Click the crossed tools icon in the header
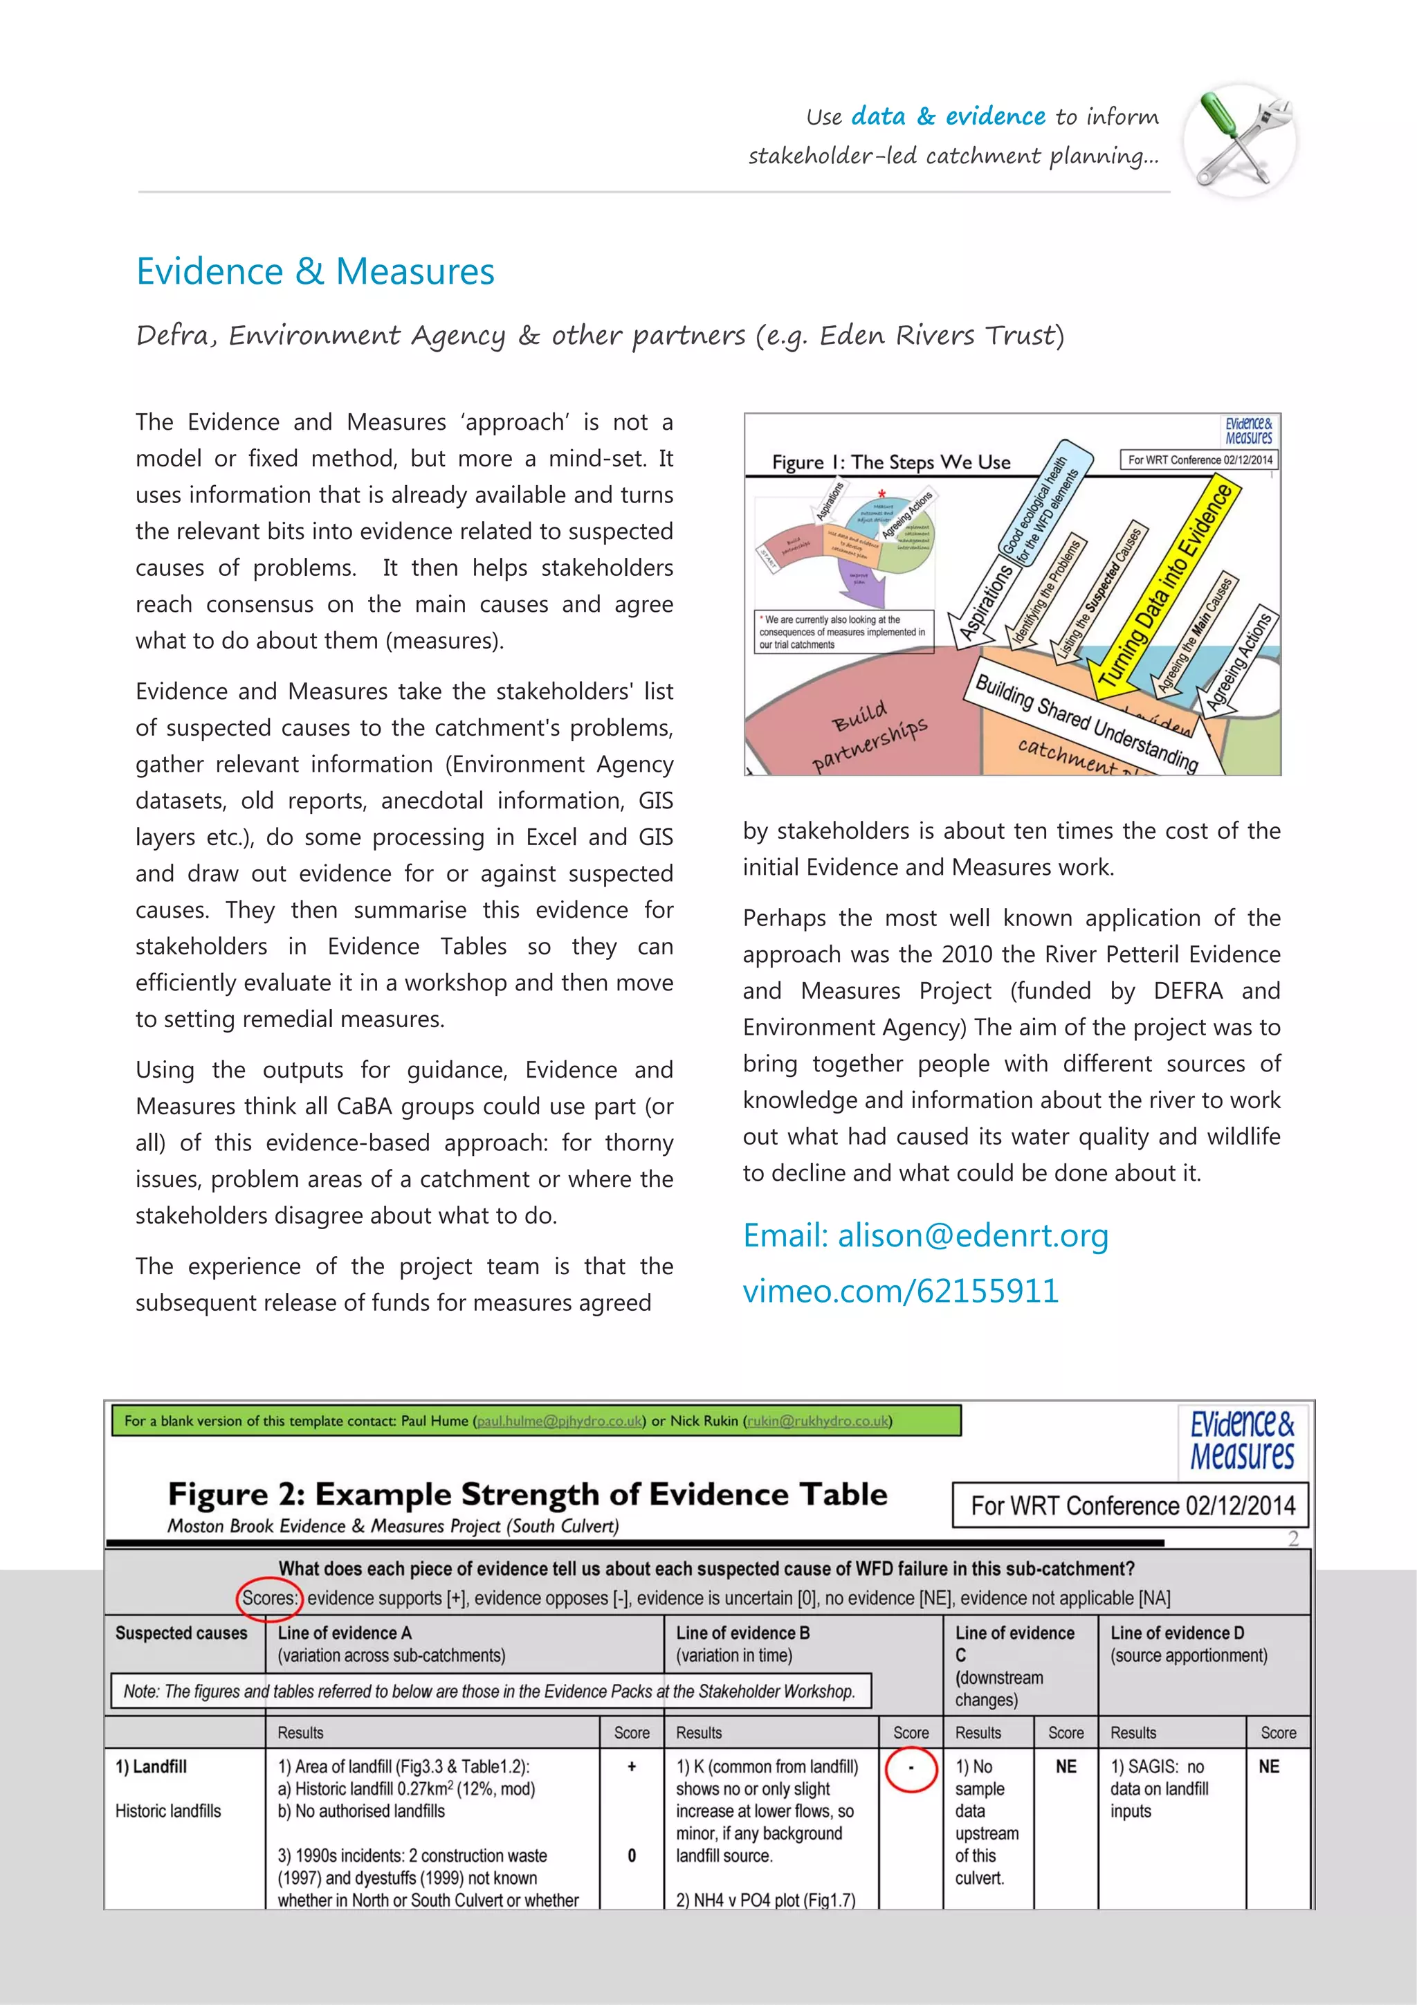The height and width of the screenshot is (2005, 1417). point(1240,140)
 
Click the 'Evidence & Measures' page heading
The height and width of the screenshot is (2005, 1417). point(316,271)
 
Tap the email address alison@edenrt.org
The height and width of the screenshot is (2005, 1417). point(973,1235)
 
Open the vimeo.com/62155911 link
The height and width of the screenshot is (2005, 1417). point(900,1291)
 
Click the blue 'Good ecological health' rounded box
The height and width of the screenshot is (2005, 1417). point(1044,505)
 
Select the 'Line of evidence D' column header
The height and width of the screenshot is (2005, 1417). point(1177,1633)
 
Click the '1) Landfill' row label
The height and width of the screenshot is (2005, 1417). point(151,1767)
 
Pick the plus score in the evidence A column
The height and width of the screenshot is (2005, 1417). point(631,1767)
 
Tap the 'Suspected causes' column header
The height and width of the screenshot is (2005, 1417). point(181,1633)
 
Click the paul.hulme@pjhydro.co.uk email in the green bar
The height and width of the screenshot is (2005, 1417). point(560,1421)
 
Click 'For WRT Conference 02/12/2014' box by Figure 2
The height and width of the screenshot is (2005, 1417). point(1131,1505)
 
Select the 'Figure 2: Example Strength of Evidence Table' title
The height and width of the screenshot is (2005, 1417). point(527,1495)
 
